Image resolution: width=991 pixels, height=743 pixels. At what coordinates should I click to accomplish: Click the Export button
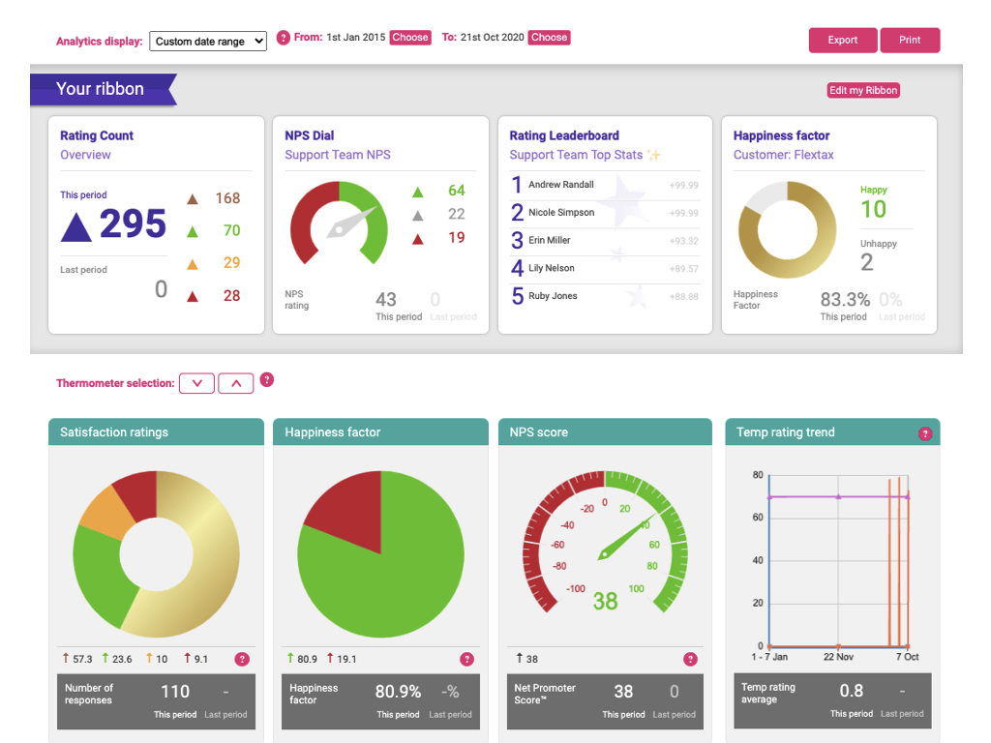tap(843, 40)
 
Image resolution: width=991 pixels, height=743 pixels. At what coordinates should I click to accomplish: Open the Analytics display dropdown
tap(208, 42)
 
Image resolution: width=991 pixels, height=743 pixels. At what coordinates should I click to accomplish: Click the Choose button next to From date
tap(410, 38)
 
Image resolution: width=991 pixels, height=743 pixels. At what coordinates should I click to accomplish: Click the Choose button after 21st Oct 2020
tap(549, 38)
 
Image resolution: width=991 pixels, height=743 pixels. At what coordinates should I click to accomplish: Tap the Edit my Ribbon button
tap(863, 90)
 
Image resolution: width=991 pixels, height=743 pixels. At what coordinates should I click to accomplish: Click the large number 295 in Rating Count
tap(133, 224)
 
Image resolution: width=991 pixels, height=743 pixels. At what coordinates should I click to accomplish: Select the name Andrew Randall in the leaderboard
tap(561, 185)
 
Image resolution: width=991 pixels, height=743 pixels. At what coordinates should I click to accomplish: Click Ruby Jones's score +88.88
tap(683, 296)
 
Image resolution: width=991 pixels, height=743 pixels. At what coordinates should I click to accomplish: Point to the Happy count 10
tap(873, 209)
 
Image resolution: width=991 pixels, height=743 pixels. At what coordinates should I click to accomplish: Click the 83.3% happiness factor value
tap(845, 300)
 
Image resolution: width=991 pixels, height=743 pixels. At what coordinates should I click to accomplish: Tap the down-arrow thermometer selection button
tap(197, 383)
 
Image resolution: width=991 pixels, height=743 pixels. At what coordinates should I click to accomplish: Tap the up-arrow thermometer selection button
tap(235, 383)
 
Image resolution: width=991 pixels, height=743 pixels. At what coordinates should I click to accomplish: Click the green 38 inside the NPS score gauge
tap(605, 601)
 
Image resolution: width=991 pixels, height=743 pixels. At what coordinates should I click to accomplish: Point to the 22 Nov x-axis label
tap(838, 657)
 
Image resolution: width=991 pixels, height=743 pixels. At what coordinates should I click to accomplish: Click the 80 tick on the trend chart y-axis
tap(758, 475)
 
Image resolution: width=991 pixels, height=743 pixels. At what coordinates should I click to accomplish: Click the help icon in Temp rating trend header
tap(925, 433)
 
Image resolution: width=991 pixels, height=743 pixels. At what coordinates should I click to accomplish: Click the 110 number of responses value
tap(175, 692)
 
